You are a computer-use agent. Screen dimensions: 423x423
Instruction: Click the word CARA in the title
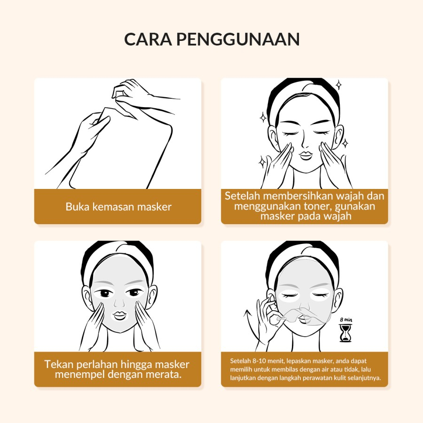pyautogui.click(x=148, y=39)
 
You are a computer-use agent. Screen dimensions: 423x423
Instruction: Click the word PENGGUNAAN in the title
pyautogui.click(x=238, y=39)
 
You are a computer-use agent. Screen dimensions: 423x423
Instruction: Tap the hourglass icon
pyautogui.click(x=345, y=333)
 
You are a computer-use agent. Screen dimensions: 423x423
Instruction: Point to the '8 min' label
pyautogui.click(x=346, y=320)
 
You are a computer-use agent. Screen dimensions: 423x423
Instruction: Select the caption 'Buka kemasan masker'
pyautogui.click(x=118, y=207)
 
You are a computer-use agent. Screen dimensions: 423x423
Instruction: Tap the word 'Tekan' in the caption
pyautogui.click(x=59, y=364)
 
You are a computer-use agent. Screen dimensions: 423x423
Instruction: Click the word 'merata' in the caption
pyautogui.click(x=164, y=375)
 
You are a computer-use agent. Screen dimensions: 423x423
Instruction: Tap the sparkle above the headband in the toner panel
pyautogui.click(x=338, y=85)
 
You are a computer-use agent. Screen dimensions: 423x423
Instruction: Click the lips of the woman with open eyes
pyautogui.click(x=119, y=315)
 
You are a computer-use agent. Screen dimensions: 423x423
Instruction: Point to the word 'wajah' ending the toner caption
pyautogui.click(x=337, y=216)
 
